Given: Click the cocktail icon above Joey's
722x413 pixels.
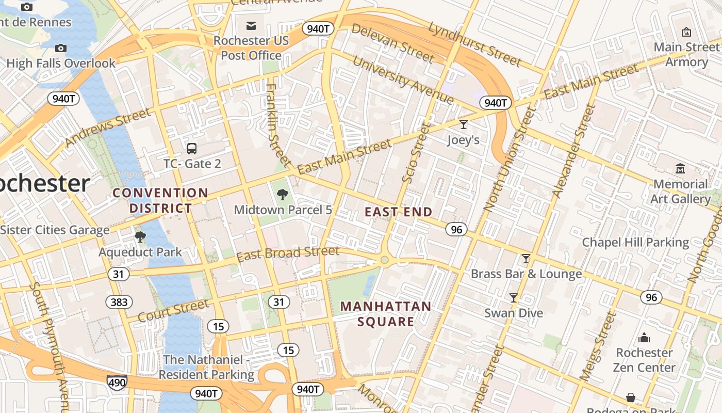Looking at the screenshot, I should (x=463, y=124).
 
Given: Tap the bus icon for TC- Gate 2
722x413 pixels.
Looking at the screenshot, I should (x=192, y=149).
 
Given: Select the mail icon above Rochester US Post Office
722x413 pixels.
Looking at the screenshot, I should (x=251, y=25).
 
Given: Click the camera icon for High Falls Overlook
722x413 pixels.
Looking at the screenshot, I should (x=61, y=48).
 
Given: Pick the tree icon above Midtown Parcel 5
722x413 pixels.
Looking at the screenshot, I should (x=282, y=195).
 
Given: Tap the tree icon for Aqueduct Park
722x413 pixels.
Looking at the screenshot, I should (x=140, y=237).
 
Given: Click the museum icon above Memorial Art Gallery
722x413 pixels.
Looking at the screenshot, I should (x=680, y=169).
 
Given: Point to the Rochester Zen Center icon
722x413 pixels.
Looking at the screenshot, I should (x=644, y=338).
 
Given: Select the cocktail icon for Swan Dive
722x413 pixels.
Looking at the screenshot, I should (x=513, y=298).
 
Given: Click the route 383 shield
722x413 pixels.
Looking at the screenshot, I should (x=119, y=302).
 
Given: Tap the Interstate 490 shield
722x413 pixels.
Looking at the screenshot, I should (x=117, y=383).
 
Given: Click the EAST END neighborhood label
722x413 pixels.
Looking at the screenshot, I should (x=399, y=212).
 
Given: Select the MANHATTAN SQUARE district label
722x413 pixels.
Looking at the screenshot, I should (x=386, y=314).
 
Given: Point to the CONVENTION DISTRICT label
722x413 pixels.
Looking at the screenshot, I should (x=161, y=201).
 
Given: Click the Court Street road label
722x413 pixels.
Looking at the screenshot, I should (x=173, y=310).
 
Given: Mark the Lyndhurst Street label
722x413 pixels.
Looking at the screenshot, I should (x=474, y=44).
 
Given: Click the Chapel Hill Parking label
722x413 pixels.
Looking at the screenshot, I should (x=635, y=243).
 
